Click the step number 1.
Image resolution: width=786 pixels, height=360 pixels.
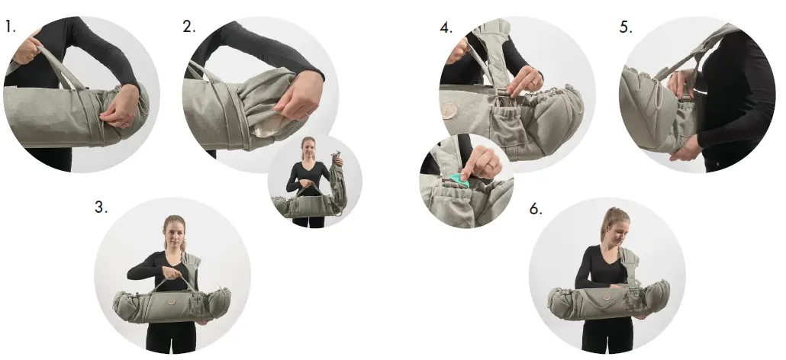tap(10, 28)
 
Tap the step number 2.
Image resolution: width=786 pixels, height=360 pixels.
tap(188, 28)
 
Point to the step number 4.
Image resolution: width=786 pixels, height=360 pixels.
tap(446, 28)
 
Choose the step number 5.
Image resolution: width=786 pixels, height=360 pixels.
tap(626, 28)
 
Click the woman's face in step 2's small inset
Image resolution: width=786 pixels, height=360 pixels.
tap(309, 148)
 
